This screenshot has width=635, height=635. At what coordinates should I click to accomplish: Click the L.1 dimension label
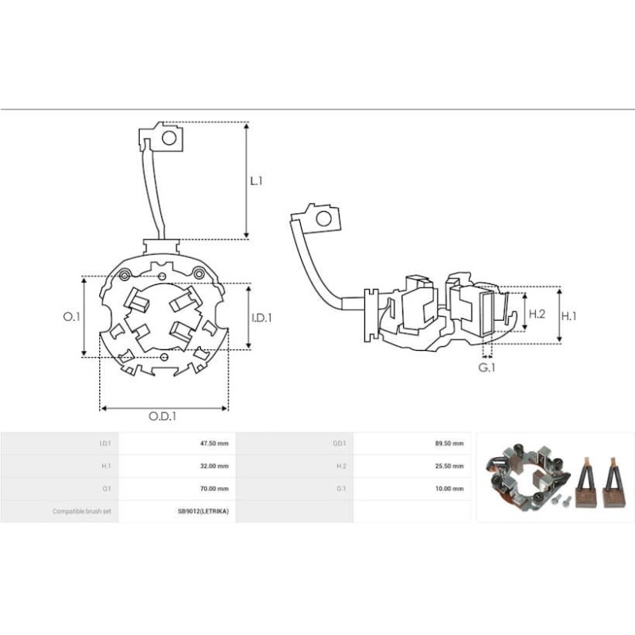256,181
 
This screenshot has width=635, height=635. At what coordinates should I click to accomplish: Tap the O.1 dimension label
71,317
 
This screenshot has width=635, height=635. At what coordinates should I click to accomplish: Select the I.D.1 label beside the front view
262,318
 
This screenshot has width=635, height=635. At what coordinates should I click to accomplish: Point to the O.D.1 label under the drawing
163,416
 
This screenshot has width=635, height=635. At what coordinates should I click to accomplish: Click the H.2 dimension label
537,314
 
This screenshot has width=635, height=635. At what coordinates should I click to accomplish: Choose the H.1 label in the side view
568,316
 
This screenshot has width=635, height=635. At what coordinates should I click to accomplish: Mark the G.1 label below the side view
487,368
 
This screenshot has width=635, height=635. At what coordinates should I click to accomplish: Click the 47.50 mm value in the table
214,444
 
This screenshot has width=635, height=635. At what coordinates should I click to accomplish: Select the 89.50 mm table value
449,444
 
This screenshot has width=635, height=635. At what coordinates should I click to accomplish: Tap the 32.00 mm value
214,466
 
